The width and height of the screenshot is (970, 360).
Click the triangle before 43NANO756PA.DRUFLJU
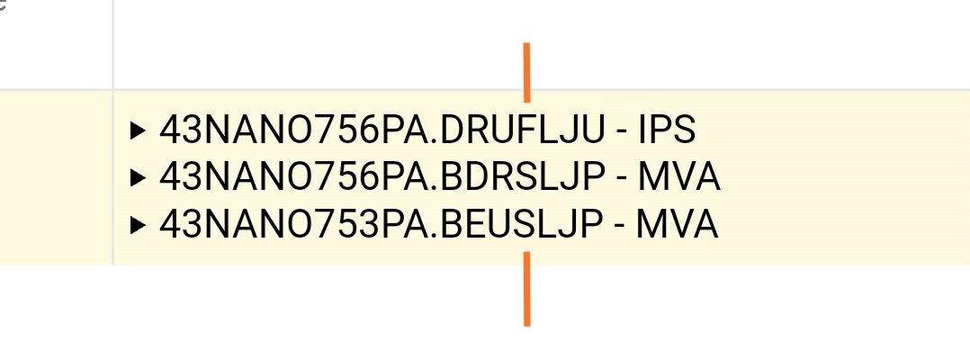pyautogui.click(x=139, y=130)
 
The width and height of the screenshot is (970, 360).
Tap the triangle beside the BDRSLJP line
pyautogui.click(x=139, y=178)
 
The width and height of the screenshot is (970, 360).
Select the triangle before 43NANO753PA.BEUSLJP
pyautogui.click(x=139, y=225)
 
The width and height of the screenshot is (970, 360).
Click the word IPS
pyautogui.click(x=667, y=130)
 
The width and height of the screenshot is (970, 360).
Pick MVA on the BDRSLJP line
pyautogui.click(x=678, y=178)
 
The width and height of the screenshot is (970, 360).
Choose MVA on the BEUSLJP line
pyautogui.click(x=678, y=225)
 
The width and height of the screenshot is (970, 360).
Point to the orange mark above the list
pyautogui.click(x=527, y=72)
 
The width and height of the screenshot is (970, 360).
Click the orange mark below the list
pyautogui.click(x=527, y=288)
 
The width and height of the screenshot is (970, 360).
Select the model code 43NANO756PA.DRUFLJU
pyautogui.click(x=382, y=130)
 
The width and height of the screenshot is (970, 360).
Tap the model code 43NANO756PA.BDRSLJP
pyautogui.click(x=382, y=178)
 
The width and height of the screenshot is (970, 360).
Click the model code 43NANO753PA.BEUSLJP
pyautogui.click(x=382, y=225)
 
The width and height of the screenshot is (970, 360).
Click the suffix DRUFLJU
pyautogui.click(x=524, y=130)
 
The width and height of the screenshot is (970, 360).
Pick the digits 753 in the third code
pyautogui.click(x=343, y=225)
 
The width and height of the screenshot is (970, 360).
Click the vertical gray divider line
pyautogui.click(x=112, y=132)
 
